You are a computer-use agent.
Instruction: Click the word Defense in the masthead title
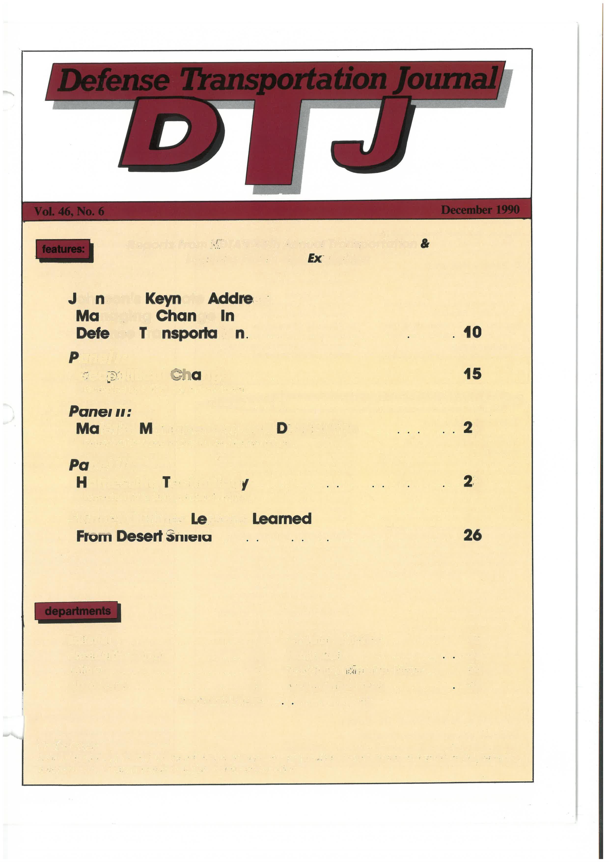click(112, 80)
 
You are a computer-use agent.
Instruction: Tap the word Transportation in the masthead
click(283, 80)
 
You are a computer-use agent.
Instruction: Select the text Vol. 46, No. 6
click(69, 211)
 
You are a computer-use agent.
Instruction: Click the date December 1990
click(480, 210)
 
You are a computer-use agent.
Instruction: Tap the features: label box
click(63, 249)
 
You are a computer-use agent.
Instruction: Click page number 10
click(472, 332)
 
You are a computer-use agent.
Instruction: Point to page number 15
click(472, 374)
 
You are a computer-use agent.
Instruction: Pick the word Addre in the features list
click(230, 299)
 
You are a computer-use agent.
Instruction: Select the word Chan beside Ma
click(176, 316)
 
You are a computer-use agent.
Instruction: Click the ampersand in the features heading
click(425, 244)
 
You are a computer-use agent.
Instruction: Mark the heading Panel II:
click(100, 412)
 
